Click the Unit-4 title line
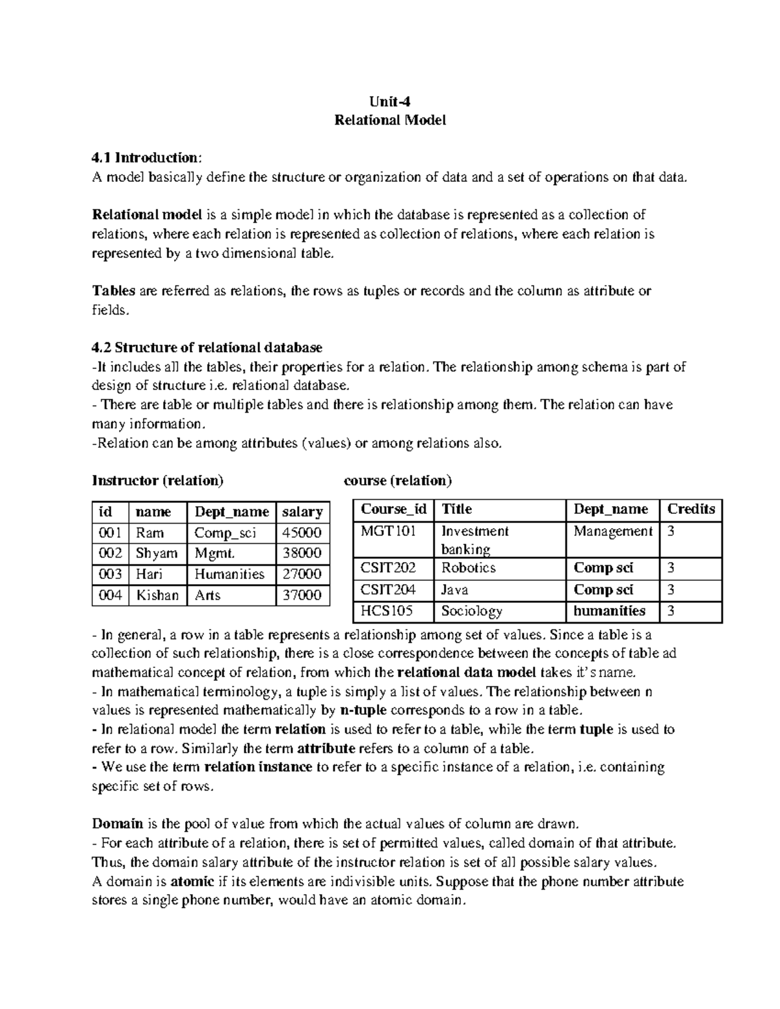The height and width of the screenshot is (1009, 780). [x=390, y=101]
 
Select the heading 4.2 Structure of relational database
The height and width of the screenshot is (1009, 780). [x=207, y=348]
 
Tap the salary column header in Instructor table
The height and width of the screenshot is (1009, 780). [x=302, y=512]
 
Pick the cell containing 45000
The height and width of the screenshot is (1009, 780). [x=301, y=533]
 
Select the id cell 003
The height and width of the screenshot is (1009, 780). [x=110, y=574]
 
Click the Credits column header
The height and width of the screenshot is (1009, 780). [x=691, y=509]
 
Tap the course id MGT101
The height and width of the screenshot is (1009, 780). [x=388, y=531]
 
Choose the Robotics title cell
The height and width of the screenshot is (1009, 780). [x=468, y=568]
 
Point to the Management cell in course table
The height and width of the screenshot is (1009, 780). [x=612, y=531]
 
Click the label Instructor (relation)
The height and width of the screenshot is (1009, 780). [x=158, y=481]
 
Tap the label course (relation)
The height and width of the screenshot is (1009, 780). [x=397, y=481]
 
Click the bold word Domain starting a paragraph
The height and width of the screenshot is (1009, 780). [x=118, y=824]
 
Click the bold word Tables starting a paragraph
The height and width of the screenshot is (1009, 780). [x=114, y=291]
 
